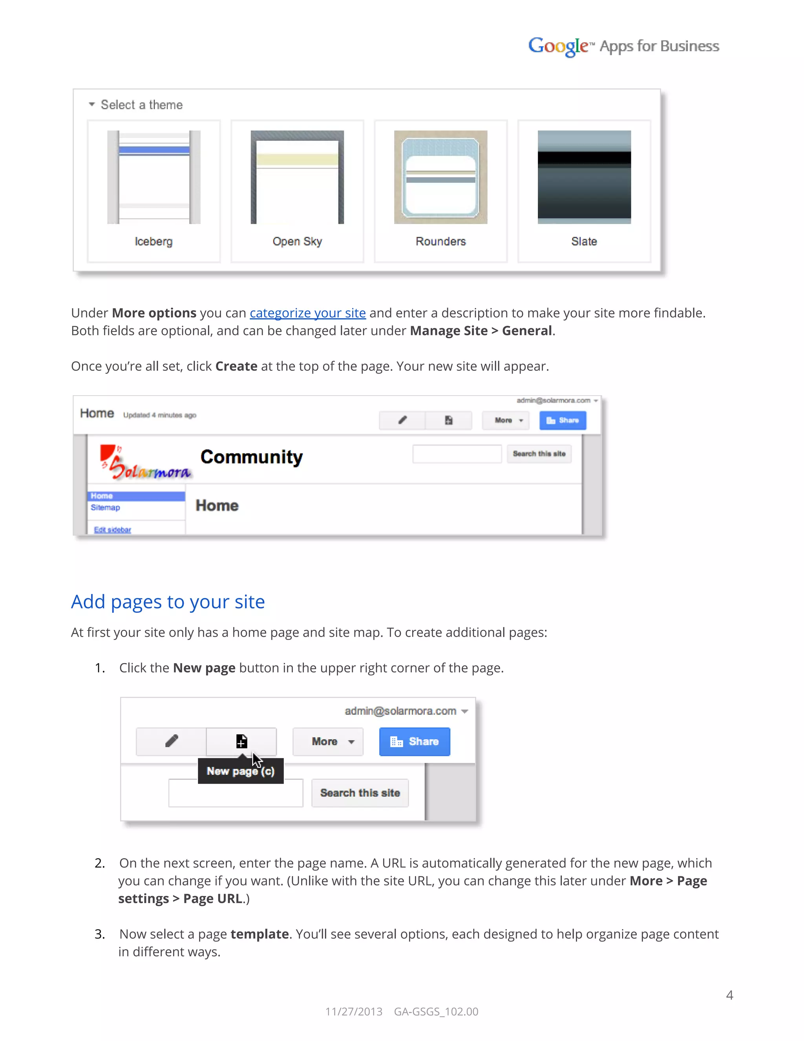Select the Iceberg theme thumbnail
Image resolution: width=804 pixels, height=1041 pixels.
pyautogui.click(x=153, y=177)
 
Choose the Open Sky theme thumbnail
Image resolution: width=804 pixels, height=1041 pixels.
pyautogui.click(x=297, y=177)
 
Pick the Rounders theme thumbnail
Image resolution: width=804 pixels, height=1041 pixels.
pyautogui.click(x=440, y=177)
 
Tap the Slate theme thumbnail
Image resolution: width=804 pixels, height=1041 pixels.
pyautogui.click(x=584, y=177)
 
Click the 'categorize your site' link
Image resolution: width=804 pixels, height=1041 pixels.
pyautogui.click(x=308, y=313)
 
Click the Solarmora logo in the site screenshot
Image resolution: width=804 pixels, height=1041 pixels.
pyautogui.click(x=145, y=462)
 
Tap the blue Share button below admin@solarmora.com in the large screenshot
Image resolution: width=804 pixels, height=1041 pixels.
pyautogui.click(x=563, y=420)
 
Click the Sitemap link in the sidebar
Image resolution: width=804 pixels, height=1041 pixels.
pyautogui.click(x=105, y=508)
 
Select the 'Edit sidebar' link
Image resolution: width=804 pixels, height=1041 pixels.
pyautogui.click(x=112, y=530)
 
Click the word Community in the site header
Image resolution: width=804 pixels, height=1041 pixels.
pyautogui.click(x=252, y=457)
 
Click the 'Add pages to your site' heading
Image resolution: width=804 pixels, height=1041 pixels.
pyautogui.click(x=168, y=602)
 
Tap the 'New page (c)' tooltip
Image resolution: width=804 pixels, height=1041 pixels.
pyautogui.click(x=241, y=771)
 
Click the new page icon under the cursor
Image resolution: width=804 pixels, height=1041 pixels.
pyautogui.click(x=241, y=742)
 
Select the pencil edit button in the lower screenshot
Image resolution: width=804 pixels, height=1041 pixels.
pyautogui.click(x=172, y=742)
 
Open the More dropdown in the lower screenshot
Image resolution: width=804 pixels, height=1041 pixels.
pyautogui.click(x=328, y=742)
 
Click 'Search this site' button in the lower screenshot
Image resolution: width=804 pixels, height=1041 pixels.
pyautogui.click(x=360, y=793)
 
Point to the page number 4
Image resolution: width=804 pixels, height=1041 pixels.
pyautogui.click(x=729, y=995)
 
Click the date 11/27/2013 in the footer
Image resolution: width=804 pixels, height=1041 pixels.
pyautogui.click(x=354, y=1012)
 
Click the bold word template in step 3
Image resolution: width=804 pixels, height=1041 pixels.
pyautogui.click(x=259, y=934)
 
